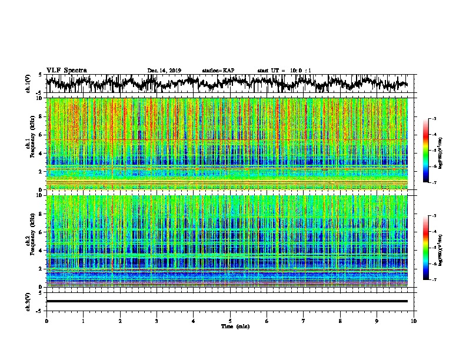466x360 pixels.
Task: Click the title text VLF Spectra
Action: [x=66, y=70]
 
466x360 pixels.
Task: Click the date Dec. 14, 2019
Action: [x=164, y=71]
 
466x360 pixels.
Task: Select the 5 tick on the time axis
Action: [x=230, y=321]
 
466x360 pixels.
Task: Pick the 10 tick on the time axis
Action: [x=414, y=321]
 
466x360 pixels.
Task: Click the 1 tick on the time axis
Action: [x=83, y=321]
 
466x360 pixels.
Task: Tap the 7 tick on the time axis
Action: [x=304, y=321]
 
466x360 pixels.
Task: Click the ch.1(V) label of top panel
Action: [x=29, y=84]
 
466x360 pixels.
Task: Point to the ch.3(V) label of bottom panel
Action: [x=29, y=301]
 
